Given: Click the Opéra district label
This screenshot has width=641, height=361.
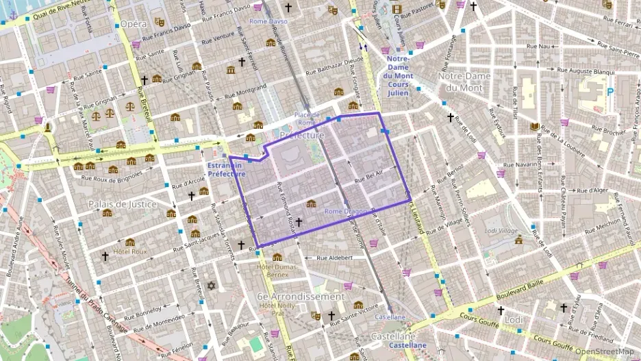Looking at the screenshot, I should [x=133, y=24].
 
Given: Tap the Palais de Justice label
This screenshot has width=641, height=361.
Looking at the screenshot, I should [x=123, y=204].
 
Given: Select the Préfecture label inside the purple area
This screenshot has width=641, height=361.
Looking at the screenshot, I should [x=302, y=136].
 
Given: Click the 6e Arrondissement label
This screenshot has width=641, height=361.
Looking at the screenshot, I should [x=301, y=297].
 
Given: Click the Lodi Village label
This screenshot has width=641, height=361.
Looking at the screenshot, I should [x=501, y=231].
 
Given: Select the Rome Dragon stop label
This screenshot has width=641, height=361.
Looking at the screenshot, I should [x=345, y=211].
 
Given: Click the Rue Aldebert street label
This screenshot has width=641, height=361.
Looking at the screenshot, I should [x=334, y=258].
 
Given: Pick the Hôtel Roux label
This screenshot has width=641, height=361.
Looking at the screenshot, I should [x=130, y=251].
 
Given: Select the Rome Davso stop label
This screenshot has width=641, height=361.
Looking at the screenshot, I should [x=268, y=21].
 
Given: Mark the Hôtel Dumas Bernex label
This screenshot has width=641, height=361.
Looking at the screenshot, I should [x=273, y=270].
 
